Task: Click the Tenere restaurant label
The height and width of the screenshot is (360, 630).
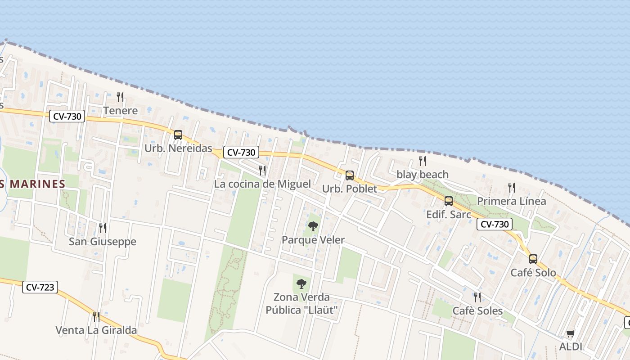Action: tap(120, 111)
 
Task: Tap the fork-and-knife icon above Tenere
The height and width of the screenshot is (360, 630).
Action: tap(120, 97)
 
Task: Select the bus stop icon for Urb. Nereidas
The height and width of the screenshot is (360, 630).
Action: tap(178, 135)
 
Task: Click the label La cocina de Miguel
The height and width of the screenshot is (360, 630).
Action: tap(262, 184)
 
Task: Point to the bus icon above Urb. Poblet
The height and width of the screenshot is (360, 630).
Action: tap(349, 175)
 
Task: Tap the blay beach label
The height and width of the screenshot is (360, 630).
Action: tap(422, 175)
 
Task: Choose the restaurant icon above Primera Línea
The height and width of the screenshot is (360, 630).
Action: tap(511, 187)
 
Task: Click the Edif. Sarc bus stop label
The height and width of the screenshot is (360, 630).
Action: tap(448, 215)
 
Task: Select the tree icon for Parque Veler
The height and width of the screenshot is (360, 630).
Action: tap(313, 226)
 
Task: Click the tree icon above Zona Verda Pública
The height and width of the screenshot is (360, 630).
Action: tap(301, 284)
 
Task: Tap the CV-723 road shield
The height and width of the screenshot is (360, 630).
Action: tap(40, 287)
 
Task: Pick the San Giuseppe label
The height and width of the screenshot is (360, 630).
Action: tap(102, 242)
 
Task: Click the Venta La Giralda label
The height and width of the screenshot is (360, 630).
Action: tap(96, 330)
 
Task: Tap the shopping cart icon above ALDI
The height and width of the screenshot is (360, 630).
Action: tap(570, 333)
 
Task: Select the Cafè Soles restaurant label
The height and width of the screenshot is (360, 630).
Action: tap(477, 311)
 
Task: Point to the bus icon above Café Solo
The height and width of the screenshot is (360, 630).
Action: tap(533, 259)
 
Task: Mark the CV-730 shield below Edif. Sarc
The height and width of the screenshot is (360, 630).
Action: tap(495, 224)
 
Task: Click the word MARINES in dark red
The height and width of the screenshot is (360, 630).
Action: tap(38, 184)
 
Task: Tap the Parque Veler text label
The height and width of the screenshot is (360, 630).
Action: tap(313, 240)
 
